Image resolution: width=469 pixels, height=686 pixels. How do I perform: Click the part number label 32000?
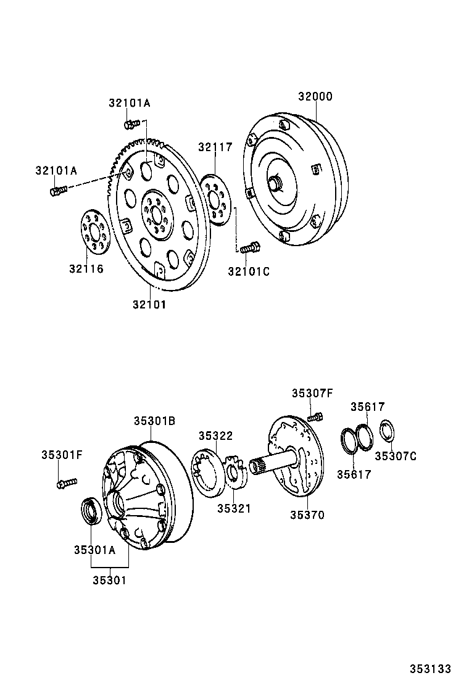pyautogui.click(x=315, y=97)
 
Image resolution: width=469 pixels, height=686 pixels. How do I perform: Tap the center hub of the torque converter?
pyautogui.click(x=275, y=183)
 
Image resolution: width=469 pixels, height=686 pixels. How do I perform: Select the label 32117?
pyautogui.click(x=215, y=147)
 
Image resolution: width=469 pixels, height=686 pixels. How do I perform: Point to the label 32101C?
pyautogui.click(x=249, y=270)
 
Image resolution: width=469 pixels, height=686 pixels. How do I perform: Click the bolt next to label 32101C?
pyautogui.click(x=249, y=249)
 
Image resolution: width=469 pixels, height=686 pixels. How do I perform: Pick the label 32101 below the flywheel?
pyautogui.click(x=149, y=304)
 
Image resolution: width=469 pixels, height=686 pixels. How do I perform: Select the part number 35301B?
pyautogui.click(x=155, y=421)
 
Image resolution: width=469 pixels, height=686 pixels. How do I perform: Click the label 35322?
pyautogui.click(x=215, y=436)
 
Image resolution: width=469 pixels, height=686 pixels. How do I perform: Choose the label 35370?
pyautogui.click(x=307, y=514)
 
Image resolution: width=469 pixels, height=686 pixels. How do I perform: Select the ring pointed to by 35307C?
pyautogui.click(x=388, y=431)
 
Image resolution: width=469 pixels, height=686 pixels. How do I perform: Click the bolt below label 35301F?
pyautogui.click(x=65, y=484)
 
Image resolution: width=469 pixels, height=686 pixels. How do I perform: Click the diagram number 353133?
pyautogui.click(x=431, y=669)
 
